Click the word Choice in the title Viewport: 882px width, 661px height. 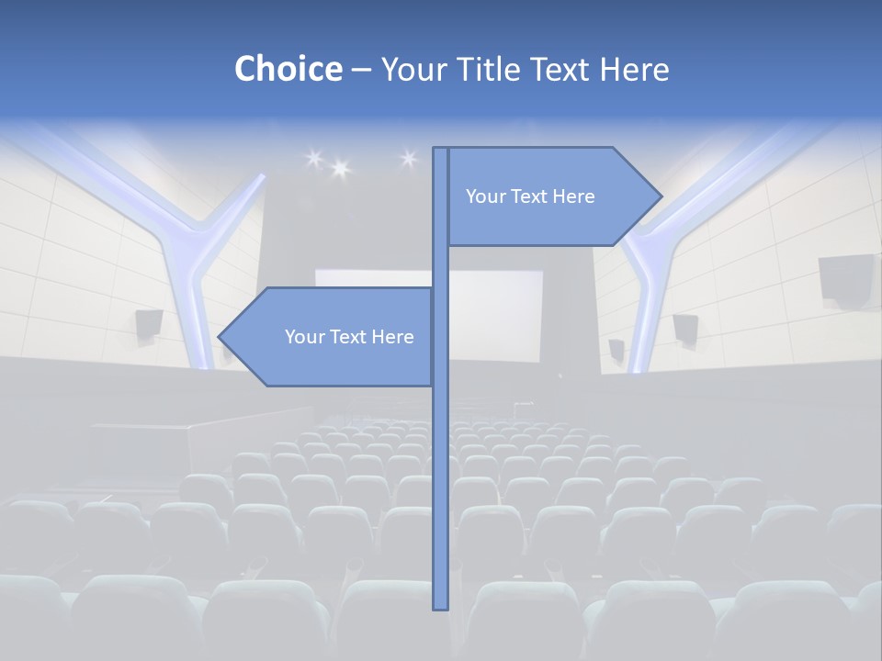point(288,69)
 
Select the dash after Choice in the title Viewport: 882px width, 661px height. point(361,70)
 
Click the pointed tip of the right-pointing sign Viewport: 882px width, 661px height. point(660,196)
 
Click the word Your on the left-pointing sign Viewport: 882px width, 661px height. point(303,337)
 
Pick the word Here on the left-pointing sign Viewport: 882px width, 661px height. point(392,337)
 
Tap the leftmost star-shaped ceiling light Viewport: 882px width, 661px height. point(313,159)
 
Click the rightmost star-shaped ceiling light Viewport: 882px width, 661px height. point(409,159)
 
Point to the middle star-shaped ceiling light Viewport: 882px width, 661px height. point(340,168)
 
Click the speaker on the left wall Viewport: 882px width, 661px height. point(149,323)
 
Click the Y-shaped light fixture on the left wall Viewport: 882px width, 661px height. point(184,239)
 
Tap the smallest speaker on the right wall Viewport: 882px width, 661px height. point(616,349)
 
